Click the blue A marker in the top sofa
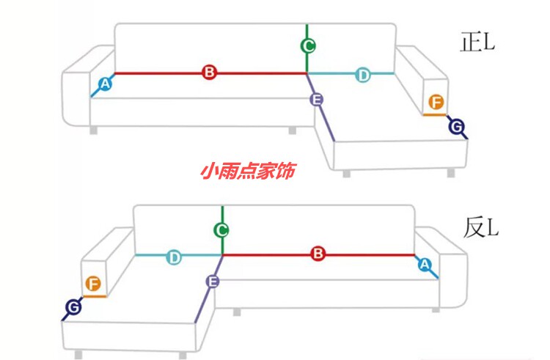pyautogui.click(x=105, y=84)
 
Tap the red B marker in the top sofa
pyautogui.click(x=209, y=73)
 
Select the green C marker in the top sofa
pyautogui.click(x=308, y=46)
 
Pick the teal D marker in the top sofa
pyautogui.click(x=363, y=74)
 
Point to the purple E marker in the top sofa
pyautogui.click(x=317, y=99)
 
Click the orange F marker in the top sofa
pyautogui.click(x=435, y=102)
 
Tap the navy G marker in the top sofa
pyautogui.click(x=456, y=128)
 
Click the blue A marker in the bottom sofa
pyautogui.click(x=424, y=265)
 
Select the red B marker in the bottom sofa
pyautogui.click(x=318, y=254)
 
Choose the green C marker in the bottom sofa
pyautogui.click(x=221, y=230)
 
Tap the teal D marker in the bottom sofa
pyautogui.click(x=174, y=257)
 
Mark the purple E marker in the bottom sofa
pyautogui.click(x=213, y=282)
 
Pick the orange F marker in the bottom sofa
pyautogui.click(x=93, y=284)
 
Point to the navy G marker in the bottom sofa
pyautogui.click(x=73, y=307)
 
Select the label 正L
pyautogui.click(x=477, y=43)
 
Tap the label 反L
pyautogui.click(x=480, y=227)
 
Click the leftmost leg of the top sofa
pyautogui.click(x=93, y=131)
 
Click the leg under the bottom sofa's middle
pyautogui.click(x=237, y=312)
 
